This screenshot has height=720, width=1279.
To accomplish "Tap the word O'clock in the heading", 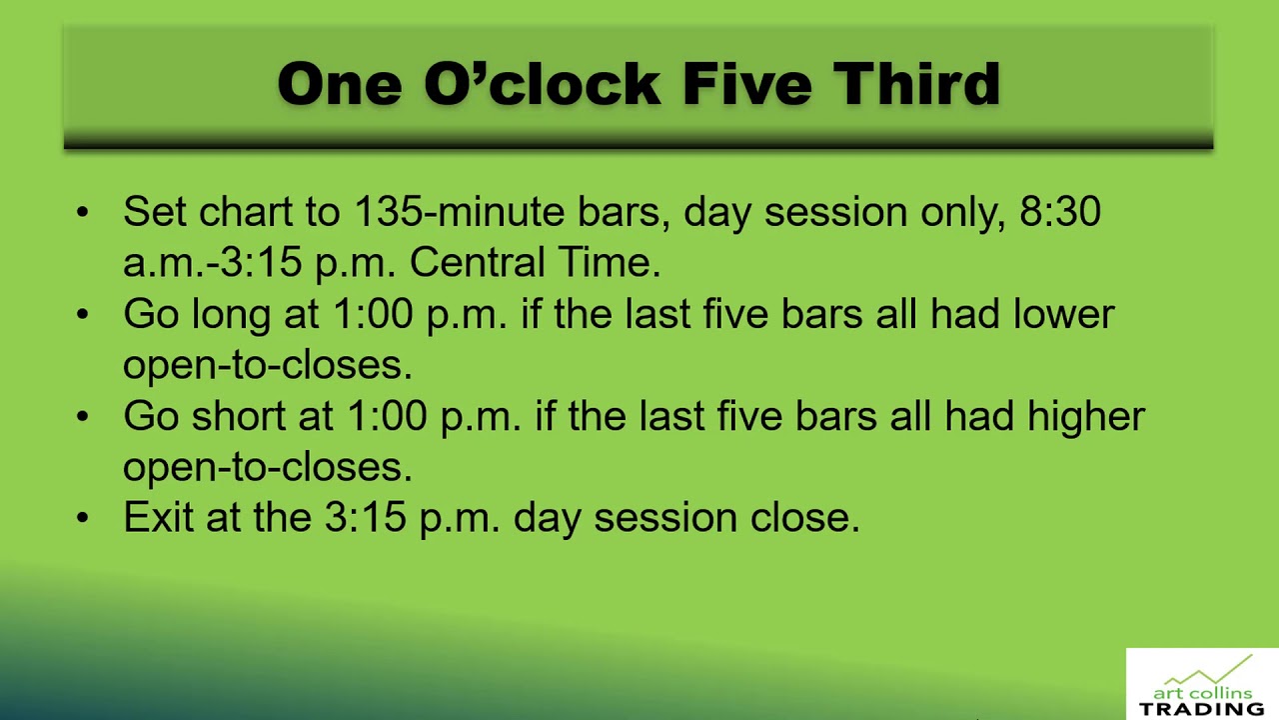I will [542, 83].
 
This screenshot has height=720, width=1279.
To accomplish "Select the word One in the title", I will [340, 83].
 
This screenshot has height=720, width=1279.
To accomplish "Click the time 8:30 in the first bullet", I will [1060, 212].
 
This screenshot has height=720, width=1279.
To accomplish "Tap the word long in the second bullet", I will [231, 314].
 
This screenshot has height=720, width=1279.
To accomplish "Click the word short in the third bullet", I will [238, 416].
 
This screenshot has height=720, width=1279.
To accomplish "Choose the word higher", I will [1086, 416].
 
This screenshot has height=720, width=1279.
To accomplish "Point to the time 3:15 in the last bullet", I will [365, 517].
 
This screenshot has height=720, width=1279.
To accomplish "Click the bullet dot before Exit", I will [82, 517].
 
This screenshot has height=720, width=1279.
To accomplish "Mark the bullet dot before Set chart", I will [82, 212].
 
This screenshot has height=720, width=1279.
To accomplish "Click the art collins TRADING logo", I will [1202, 685].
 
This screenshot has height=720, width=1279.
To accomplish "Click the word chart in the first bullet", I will [244, 212].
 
